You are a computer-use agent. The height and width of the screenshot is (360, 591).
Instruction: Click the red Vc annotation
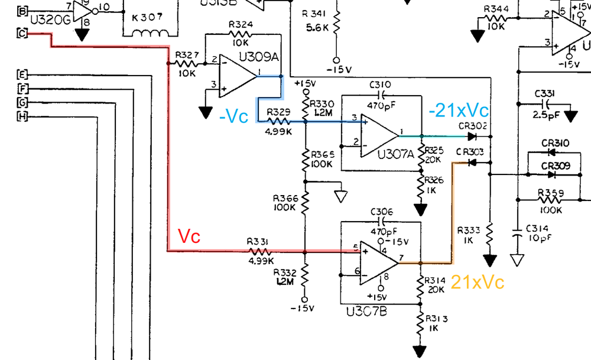pos(190,237)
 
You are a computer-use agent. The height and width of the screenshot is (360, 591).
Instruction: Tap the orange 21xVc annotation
pos(478,282)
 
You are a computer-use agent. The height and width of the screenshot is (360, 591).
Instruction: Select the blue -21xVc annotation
pos(459,110)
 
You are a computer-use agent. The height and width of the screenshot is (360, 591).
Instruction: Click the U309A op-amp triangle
pos(236,75)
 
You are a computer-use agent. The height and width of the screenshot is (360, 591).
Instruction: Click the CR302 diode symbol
pos(472,135)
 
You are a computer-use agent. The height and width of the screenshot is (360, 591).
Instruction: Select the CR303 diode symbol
pos(471,162)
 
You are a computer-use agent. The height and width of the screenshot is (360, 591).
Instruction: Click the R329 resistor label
pos(278,111)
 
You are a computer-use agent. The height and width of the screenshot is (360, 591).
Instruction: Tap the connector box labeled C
pos(22,33)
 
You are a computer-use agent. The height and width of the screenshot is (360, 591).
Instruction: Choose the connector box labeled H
pos(22,116)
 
